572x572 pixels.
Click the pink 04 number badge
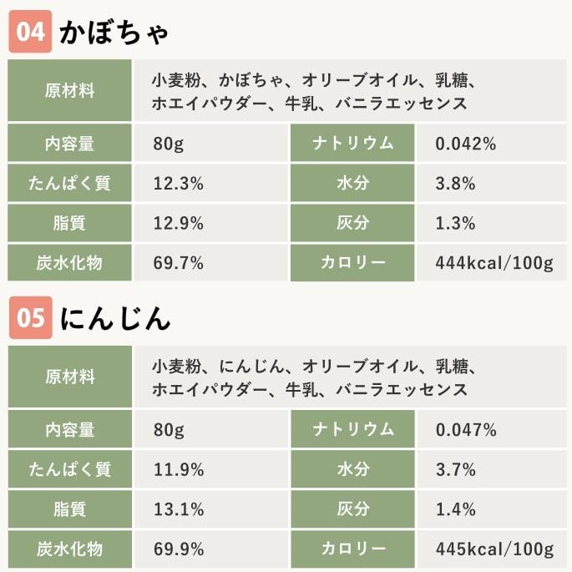point(30,33)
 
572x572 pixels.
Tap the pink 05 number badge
point(30,319)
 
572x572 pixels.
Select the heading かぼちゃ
point(114,33)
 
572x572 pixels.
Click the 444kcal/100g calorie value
point(494,264)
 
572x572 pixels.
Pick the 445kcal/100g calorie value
point(494,549)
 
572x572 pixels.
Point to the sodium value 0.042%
point(466,144)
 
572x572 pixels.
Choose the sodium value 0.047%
point(466,430)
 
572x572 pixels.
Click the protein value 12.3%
point(179,184)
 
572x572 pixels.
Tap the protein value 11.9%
point(179,469)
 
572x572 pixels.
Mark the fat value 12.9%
point(179,224)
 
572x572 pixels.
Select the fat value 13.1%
point(179,509)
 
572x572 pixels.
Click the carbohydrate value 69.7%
point(179,264)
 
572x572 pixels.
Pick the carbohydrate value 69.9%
point(179,549)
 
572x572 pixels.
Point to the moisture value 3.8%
point(455,184)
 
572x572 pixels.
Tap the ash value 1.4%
point(455,509)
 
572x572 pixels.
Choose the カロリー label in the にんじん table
point(353,549)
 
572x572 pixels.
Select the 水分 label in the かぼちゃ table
point(353,184)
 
